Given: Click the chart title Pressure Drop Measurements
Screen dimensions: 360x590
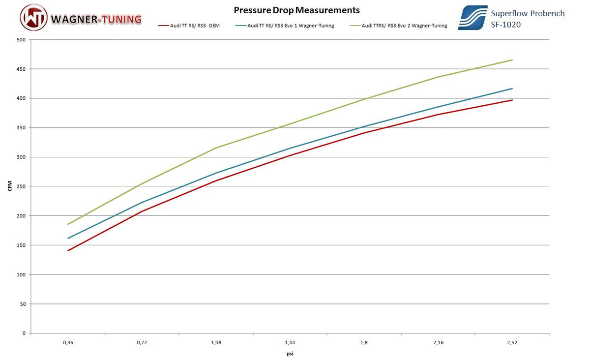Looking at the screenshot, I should tap(296, 10).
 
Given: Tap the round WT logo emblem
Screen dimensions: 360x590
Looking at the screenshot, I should tap(34, 18).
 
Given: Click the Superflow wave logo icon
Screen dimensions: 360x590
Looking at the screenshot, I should tap(472, 18).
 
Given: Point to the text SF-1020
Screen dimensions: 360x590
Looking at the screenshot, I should tap(505, 24).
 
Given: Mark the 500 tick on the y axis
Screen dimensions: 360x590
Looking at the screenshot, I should tap(21, 40).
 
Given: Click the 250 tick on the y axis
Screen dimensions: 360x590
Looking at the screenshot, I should tap(21, 186).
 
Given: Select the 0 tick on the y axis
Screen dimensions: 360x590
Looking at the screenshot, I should tap(24, 333).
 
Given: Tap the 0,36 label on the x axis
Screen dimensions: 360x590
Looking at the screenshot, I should tap(68, 342).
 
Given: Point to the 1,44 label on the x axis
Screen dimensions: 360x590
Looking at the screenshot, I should tap(290, 342).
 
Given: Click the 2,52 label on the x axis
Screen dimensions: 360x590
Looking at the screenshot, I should tap(512, 342).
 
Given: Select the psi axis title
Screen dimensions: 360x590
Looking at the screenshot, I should tap(290, 353).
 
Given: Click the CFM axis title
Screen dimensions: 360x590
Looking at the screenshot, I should tap(10, 186).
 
